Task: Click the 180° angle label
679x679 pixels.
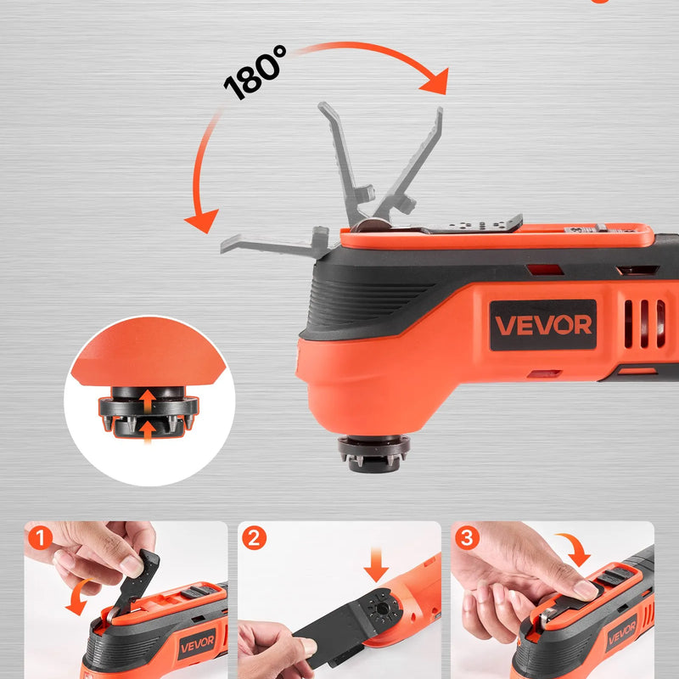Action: click(x=255, y=72)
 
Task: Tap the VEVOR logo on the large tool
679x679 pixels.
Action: click(x=543, y=325)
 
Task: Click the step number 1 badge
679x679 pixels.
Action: click(x=40, y=538)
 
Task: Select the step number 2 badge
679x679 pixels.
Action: click(x=254, y=538)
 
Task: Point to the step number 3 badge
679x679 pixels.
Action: click(x=468, y=538)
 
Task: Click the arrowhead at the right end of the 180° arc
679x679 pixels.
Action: click(x=435, y=81)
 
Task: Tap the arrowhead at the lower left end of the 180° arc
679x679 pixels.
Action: click(x=202, y=221)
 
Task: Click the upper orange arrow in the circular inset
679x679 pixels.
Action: click(x=148, y=401)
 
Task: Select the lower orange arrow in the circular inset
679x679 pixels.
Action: click(x=148, y=431)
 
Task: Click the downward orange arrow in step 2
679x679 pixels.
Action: click(x=376, y=565)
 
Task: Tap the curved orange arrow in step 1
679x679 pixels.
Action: click(x=79, y=597)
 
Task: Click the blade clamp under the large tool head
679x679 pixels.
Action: click(x=373, y=454)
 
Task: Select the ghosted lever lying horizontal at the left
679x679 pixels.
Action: click(x=274, y=245)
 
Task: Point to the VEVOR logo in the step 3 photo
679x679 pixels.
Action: click(x=622, y=633)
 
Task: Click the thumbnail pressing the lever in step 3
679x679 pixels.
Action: click(x=585, y=590)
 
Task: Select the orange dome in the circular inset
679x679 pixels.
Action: click(x=149, y=351)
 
